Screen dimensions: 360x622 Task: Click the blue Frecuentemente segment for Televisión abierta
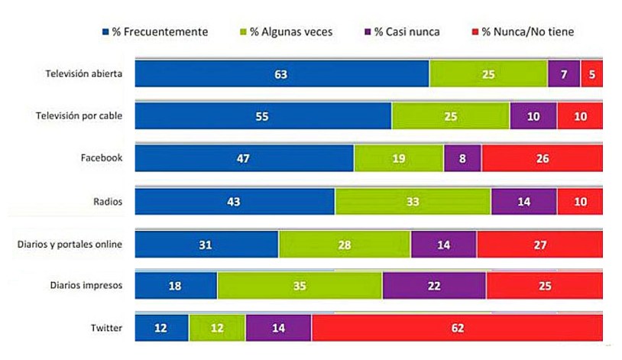pos(282,73)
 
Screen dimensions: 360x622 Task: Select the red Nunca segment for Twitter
pos(457,327)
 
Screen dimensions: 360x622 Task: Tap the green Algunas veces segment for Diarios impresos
pos(300,285)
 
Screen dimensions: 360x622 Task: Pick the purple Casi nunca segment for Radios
pos(523,201)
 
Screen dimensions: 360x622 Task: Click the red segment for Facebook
pos(542,159)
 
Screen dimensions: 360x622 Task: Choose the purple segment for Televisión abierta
pos(564,73)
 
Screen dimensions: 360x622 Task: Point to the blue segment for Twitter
pos(162,327)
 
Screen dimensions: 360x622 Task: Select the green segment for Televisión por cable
pos(451,116)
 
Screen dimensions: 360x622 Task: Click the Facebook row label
pos(102,159)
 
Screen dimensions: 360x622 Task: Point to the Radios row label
pos(109,201)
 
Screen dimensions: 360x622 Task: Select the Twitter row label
pos(107,328)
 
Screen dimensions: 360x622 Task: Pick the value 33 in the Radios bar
pos(413,201)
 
